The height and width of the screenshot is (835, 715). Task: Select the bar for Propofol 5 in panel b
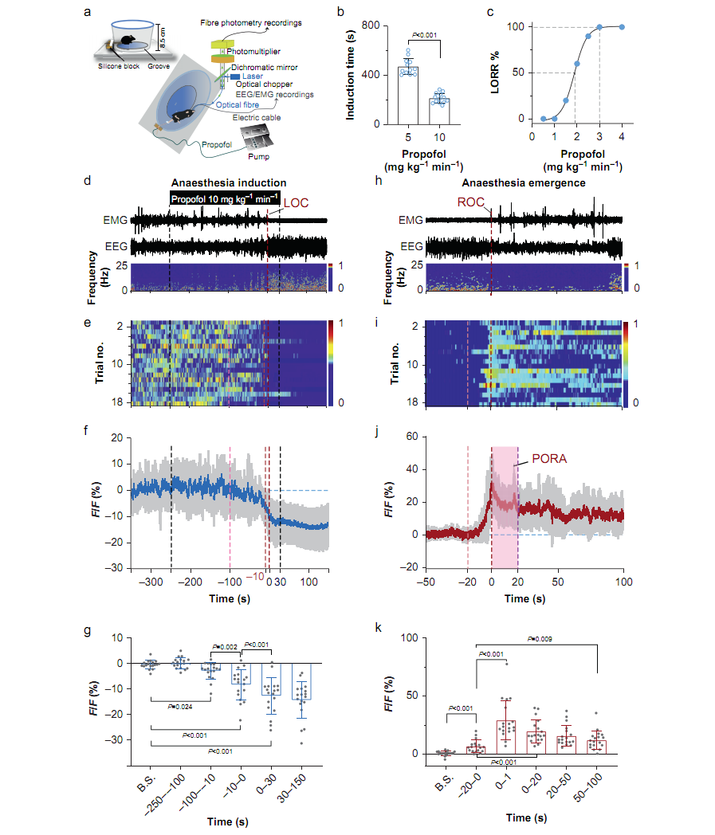click(x=408, y=96)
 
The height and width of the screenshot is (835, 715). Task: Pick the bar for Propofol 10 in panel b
click(x=439, y=111)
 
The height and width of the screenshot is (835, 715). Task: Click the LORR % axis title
click(x=497, y=73)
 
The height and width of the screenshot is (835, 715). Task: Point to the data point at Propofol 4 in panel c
click(x=622, y=27)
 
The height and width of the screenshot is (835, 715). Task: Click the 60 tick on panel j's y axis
click(x=412, y=437)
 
